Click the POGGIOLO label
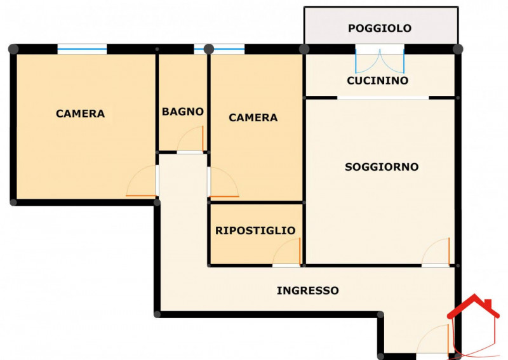click(380, 28)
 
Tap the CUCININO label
click(377, 81)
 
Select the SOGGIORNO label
click(382, 167)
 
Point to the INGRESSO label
click(308, 290)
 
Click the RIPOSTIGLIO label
click(255, 230)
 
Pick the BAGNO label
click(183, 112)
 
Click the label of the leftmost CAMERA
click(81, 114)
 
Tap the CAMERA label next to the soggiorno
click(253, 117)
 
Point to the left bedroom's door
click(142, 181)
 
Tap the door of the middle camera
click(224, 182)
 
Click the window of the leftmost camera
click(82, 49)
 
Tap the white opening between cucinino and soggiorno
click(383, 98)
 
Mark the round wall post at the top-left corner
click(13, 49)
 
